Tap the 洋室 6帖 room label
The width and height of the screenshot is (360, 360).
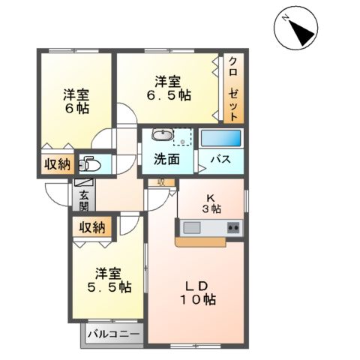pos(76,101)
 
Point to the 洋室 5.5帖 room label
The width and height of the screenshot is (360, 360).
pos(107,280)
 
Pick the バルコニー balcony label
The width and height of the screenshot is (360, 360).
pos(112,332)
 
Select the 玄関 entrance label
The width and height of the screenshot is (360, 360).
pos(84,201)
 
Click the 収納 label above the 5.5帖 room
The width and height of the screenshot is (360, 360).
pos(91,227)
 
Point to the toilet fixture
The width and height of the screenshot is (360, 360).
pos(90,163)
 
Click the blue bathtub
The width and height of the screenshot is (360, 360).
pos(221,139)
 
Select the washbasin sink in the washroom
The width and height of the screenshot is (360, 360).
pos(160,135)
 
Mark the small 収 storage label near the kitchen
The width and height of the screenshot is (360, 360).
pos(161,182)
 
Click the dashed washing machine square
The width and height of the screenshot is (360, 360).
pos(182,138)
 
